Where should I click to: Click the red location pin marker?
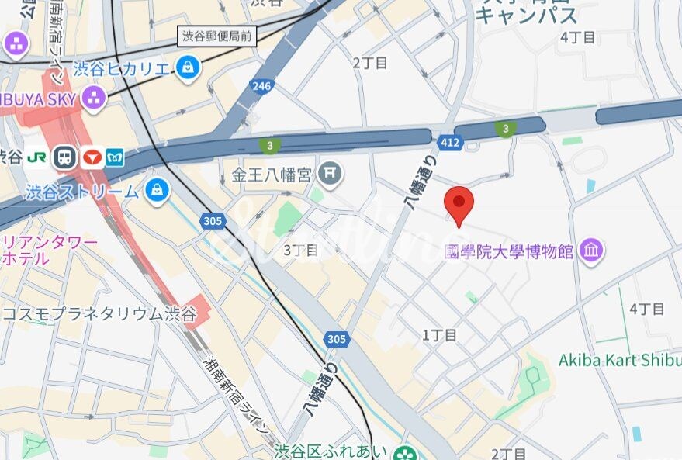(459, 204)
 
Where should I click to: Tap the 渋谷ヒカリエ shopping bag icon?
(187, 69)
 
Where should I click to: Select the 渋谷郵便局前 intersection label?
(216, 35)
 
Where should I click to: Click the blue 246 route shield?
(262, 86)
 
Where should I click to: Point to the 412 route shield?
(450, 142)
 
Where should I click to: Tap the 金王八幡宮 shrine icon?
(331, 173)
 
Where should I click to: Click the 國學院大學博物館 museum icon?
(592, 251)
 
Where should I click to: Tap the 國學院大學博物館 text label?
(508, 251)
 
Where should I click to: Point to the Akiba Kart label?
(619, 361)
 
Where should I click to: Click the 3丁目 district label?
(300, 250)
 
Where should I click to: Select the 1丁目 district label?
(439, 335)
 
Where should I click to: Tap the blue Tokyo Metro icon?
(116, 157)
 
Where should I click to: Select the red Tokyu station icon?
(92, 157)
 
